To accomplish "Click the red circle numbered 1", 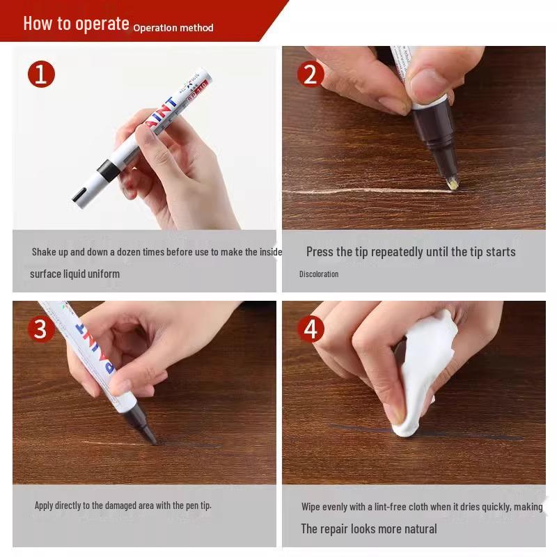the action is pos(41,74).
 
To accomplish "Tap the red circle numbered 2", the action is pos(311,74).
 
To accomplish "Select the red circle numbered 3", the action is pos(41,329).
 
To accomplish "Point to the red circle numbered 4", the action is pos(311,329).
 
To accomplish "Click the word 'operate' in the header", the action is pos(102,24).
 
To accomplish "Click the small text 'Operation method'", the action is pos(173,28).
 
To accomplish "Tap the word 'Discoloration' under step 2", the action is pos(319,274).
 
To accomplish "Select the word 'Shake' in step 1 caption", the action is pos(44,252).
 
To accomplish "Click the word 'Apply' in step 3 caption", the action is pos(44,505).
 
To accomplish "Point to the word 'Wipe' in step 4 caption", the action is pos(311,507).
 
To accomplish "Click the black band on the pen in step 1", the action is pos(109,169).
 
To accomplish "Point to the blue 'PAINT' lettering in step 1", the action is pos(161,112).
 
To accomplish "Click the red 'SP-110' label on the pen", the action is pos(197,91).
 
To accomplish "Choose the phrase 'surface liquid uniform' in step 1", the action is pos(74,274).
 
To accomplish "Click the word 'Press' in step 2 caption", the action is pos(320,252).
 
